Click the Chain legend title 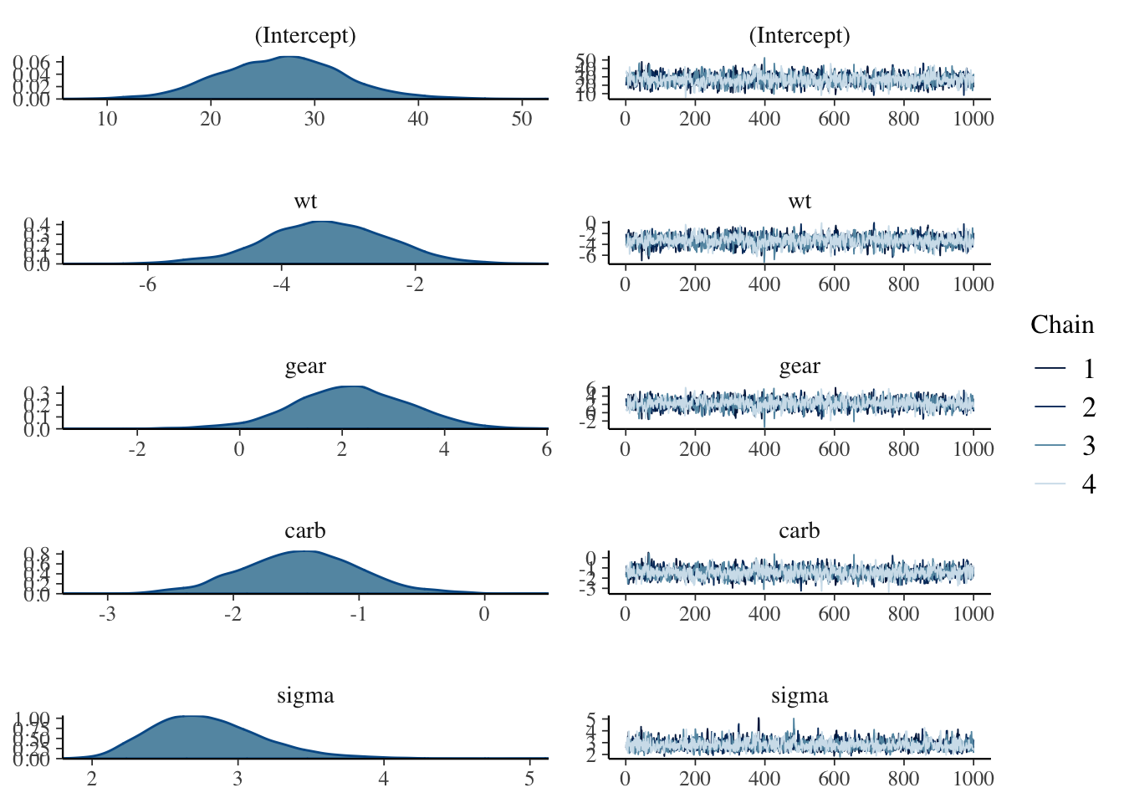click(x=1061, y=325)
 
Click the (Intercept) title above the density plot click(x=305, y=36)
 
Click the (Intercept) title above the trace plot click(x=800, y=36)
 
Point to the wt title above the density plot click(x=305, y=201)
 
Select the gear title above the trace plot click(x=800, y=366)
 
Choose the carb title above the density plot click(x=305, y=530)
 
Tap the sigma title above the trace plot click(x=800, y=695)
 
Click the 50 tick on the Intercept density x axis click(x=521, y=119)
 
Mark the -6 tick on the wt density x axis click(x=147, y=284)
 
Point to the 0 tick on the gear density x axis click(x=240, y=448)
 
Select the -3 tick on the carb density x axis click(x=108, y=613)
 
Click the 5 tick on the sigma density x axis click(x=529, y=779)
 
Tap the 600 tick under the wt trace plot click(x=834, y=284)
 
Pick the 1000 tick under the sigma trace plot click(x=973, y=779)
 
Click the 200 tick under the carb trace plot click(x=695, y=613)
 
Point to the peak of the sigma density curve click(x=191, y=717)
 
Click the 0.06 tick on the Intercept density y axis click(x=33, y=63)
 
